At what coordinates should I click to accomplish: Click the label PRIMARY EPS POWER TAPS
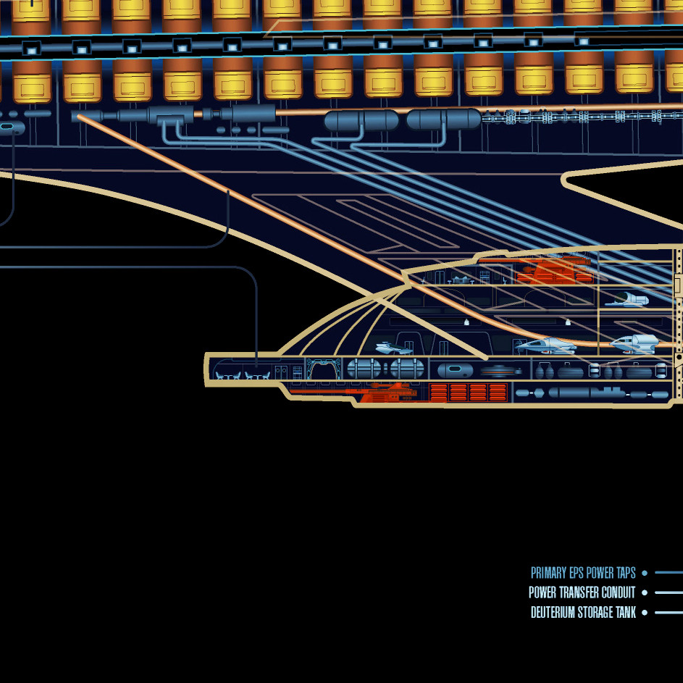tap(583, 573)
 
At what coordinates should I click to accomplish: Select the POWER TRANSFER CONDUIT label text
tap(582, 592)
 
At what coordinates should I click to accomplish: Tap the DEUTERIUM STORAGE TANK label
tap(583, 613)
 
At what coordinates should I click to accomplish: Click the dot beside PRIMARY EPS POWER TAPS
tap(645, 573)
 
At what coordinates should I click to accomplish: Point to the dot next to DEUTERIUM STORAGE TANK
tap(645, 613)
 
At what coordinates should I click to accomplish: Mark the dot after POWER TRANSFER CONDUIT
tap(645, 592)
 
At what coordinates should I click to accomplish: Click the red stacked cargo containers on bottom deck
tap(468, 393)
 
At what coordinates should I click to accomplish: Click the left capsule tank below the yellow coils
tap(361, 120)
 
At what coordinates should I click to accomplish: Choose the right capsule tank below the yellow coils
tap(443, 120)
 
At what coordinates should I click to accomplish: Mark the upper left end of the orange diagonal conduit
tap(78, 116)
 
